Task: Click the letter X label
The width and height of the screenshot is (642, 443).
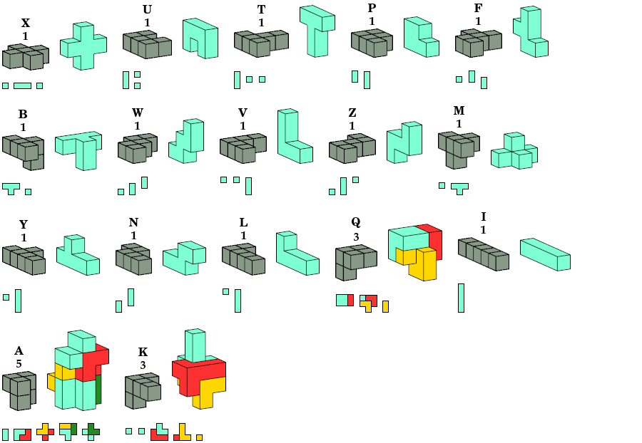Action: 26,23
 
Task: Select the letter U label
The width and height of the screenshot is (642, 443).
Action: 147,9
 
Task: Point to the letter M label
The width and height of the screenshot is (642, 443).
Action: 459,110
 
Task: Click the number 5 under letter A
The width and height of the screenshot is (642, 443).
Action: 19,364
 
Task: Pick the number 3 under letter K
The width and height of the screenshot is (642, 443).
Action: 143,365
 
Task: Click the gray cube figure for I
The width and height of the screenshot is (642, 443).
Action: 483,253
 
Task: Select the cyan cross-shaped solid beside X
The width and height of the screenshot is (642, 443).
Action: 83,46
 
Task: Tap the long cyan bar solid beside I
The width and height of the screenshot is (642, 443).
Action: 545,254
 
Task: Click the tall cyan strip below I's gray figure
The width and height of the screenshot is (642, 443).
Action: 461,298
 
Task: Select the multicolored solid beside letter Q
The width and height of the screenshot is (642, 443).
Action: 415,249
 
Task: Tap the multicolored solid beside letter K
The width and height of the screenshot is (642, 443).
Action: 199,370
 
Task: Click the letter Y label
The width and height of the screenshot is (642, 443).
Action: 24,224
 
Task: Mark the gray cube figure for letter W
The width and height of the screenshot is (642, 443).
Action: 136,148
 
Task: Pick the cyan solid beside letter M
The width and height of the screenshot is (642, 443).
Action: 514,150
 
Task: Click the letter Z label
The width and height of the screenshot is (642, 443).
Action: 352,113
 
